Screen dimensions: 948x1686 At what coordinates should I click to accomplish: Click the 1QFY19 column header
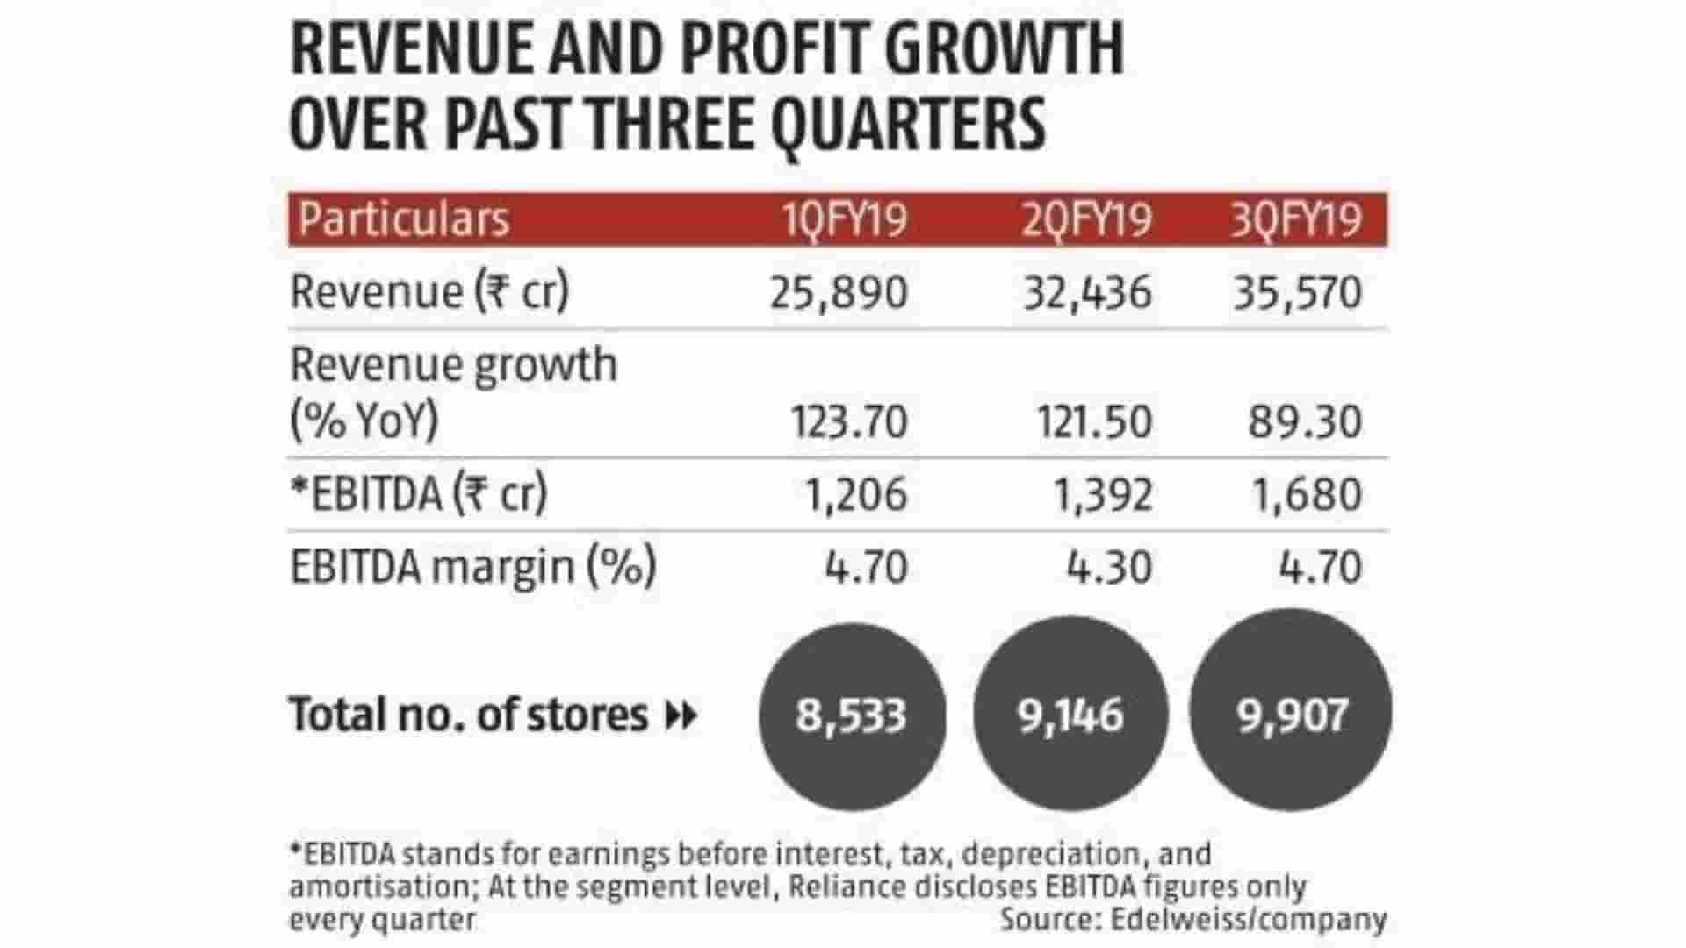845,219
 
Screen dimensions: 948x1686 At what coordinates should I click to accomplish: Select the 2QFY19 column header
1086,219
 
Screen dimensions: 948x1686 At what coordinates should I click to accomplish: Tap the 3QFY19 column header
1296,219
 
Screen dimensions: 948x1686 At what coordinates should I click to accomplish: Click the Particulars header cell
403,219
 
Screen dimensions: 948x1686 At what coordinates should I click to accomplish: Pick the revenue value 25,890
839,292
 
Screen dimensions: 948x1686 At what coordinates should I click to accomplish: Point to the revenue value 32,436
1087,292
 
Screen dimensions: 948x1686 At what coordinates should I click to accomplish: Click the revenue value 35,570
1297,292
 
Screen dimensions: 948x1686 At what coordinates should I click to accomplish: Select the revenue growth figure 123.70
849,422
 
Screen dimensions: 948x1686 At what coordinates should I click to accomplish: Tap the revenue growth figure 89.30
1305,422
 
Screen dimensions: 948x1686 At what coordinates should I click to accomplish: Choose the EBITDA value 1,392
1102,494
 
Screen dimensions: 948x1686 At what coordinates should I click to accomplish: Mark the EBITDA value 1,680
1307,494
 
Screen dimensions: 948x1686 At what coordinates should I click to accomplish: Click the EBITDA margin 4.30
1108,567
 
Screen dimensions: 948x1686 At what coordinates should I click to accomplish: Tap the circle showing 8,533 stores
852,715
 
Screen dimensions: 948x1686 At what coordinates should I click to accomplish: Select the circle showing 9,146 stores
1070,715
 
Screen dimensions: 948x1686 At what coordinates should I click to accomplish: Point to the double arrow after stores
681,716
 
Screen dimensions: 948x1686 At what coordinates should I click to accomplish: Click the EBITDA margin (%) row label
472,567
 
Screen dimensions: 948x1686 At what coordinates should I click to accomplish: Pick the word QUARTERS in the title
908,124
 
